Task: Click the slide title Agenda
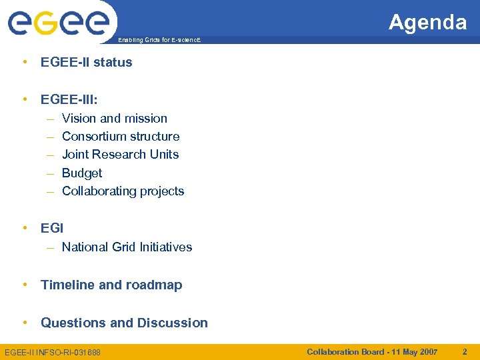point(427,23)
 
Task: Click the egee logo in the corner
point(58,22)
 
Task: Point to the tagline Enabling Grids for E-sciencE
point(158,41)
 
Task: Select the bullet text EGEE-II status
point(86,62)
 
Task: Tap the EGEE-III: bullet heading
point(69,99)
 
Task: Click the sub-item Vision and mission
point(114,118)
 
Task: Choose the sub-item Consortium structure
point(121,136)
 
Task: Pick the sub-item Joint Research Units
point(120,154)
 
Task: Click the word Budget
point(82,173)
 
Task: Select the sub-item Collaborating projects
point(123,191)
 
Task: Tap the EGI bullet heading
point(52,228)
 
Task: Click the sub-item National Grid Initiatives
point(127,247)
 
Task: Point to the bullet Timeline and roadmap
point(111,285)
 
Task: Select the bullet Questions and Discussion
point(124,323)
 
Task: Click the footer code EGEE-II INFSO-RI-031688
point(53,352)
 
